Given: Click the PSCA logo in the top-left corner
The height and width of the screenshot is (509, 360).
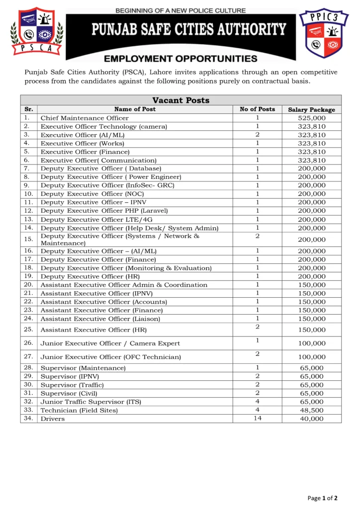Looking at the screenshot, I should point(37,31).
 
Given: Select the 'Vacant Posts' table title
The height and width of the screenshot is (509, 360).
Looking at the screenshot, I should point(180,100).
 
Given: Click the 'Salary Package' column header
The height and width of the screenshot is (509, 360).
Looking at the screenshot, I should point(311,109).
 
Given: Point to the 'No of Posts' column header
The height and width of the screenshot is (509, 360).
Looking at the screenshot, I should point(257,109).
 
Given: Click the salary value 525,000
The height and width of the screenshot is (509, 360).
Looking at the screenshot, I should point(311,118).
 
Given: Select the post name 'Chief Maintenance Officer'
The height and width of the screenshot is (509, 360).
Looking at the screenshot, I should point(85,118).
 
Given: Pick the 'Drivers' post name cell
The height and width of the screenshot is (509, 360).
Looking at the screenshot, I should point(53,419).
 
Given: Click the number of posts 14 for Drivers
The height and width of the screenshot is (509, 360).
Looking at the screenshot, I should point(257,418).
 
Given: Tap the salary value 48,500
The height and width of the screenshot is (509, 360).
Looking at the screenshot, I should point(311,410).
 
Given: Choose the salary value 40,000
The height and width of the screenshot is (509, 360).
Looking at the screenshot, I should point(311,419).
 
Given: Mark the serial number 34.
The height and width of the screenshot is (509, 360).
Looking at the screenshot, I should point(28,419).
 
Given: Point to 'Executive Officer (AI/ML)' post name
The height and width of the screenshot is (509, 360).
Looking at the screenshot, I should point(83,135).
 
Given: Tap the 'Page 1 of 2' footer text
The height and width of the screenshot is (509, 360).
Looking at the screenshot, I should point(323,498).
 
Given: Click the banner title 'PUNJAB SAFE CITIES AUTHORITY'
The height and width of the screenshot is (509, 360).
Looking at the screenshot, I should point(188,30).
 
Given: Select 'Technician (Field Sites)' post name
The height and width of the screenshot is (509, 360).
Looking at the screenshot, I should point(79,410).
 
